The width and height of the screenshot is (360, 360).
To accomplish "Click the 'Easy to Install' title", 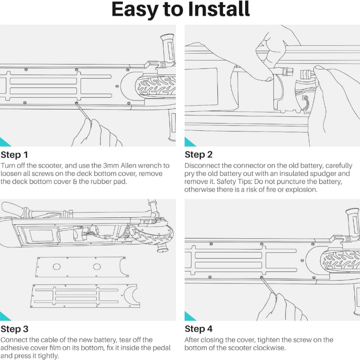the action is [181, 10].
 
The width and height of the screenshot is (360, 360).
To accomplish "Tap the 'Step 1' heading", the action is [14, 155].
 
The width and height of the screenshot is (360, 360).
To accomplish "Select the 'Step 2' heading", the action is [199, 155].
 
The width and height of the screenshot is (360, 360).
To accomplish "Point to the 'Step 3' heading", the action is [14, 329].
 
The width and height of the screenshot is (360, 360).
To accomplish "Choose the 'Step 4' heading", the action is [199, 329].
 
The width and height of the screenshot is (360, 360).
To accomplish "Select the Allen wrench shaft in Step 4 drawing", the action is [269, 286].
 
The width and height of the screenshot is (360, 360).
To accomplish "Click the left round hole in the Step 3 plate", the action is [57, 267].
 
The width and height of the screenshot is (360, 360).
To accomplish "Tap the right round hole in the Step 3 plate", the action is [97, 267].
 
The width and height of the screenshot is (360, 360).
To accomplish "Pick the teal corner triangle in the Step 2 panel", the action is [189, 143].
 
